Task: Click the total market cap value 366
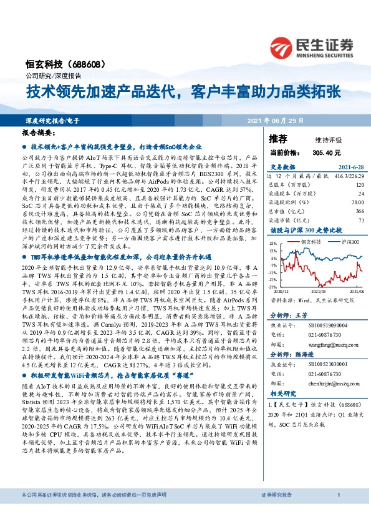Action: click(359, 212)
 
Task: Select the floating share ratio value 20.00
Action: click(357, 203)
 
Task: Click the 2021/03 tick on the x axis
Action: click(319, 290)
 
